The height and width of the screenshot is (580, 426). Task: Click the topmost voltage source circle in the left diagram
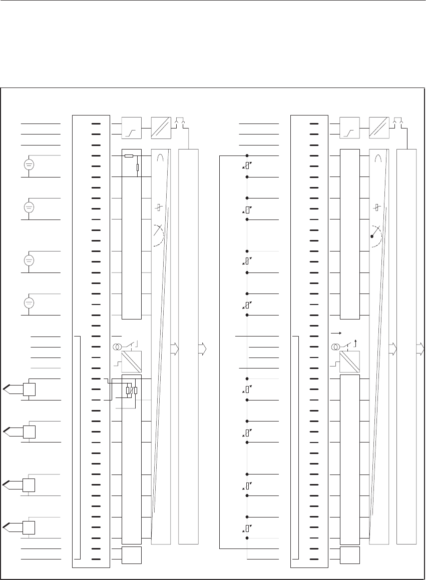click(29, 164)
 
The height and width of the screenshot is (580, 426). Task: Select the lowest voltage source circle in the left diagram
click(29, 303)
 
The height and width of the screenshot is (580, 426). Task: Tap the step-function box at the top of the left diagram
click(132, 128)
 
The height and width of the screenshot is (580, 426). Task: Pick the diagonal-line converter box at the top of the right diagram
click(379, 128)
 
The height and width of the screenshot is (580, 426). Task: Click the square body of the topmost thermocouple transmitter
click(29, 389)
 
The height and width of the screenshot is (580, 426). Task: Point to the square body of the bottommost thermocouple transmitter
click(29, 527)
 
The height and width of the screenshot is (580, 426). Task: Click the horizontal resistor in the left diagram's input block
click(129, 156)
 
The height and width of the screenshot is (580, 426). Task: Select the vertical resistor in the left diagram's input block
click(137, 166)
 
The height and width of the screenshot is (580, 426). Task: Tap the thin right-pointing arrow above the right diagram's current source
click(336, 332)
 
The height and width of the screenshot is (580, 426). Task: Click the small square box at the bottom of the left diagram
click(132, 554)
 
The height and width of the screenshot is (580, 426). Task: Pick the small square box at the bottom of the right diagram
click(349, 554)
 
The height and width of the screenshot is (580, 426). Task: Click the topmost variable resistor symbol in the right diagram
click(247, 166)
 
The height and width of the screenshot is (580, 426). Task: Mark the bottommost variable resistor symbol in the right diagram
click(247, 528)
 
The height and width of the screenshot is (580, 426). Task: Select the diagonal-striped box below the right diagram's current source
click(349, 361)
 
